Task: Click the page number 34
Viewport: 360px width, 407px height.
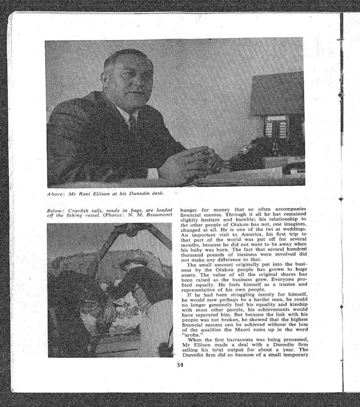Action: coord(179,365)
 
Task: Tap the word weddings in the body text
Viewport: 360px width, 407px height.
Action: coord(293,229)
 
